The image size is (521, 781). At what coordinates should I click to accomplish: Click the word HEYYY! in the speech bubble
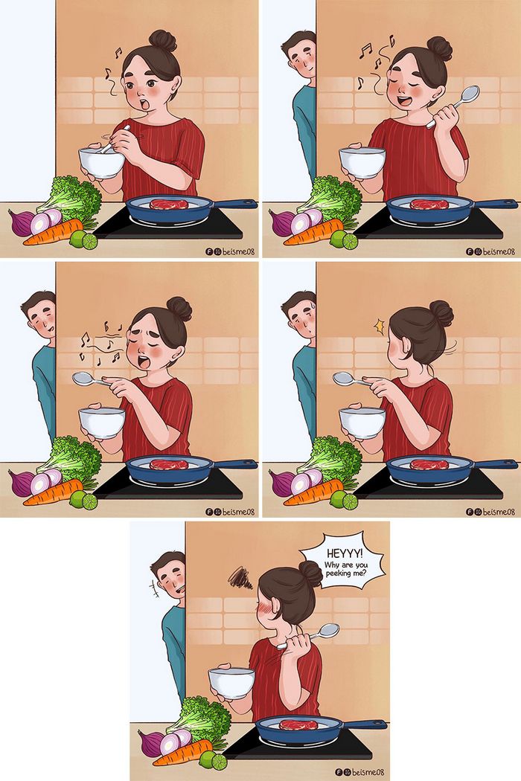pyautogui.click(x=342, y=553)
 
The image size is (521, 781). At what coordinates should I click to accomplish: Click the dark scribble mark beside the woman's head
pyautogui.click(x=241, y=577)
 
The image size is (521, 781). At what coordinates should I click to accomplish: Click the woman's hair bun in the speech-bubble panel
pyautogui.click(x=310, y=573)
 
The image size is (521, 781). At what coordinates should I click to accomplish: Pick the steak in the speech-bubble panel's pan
pyautogui.click(x=298, y=724)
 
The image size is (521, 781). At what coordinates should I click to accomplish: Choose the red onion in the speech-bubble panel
pyautogui.click(x=151, y=742)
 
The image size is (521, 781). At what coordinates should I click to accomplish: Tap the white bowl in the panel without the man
pyautogui.click(x=101, y=161)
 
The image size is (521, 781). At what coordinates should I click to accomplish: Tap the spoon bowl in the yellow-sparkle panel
pyautogui.click(x=343, y=378)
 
